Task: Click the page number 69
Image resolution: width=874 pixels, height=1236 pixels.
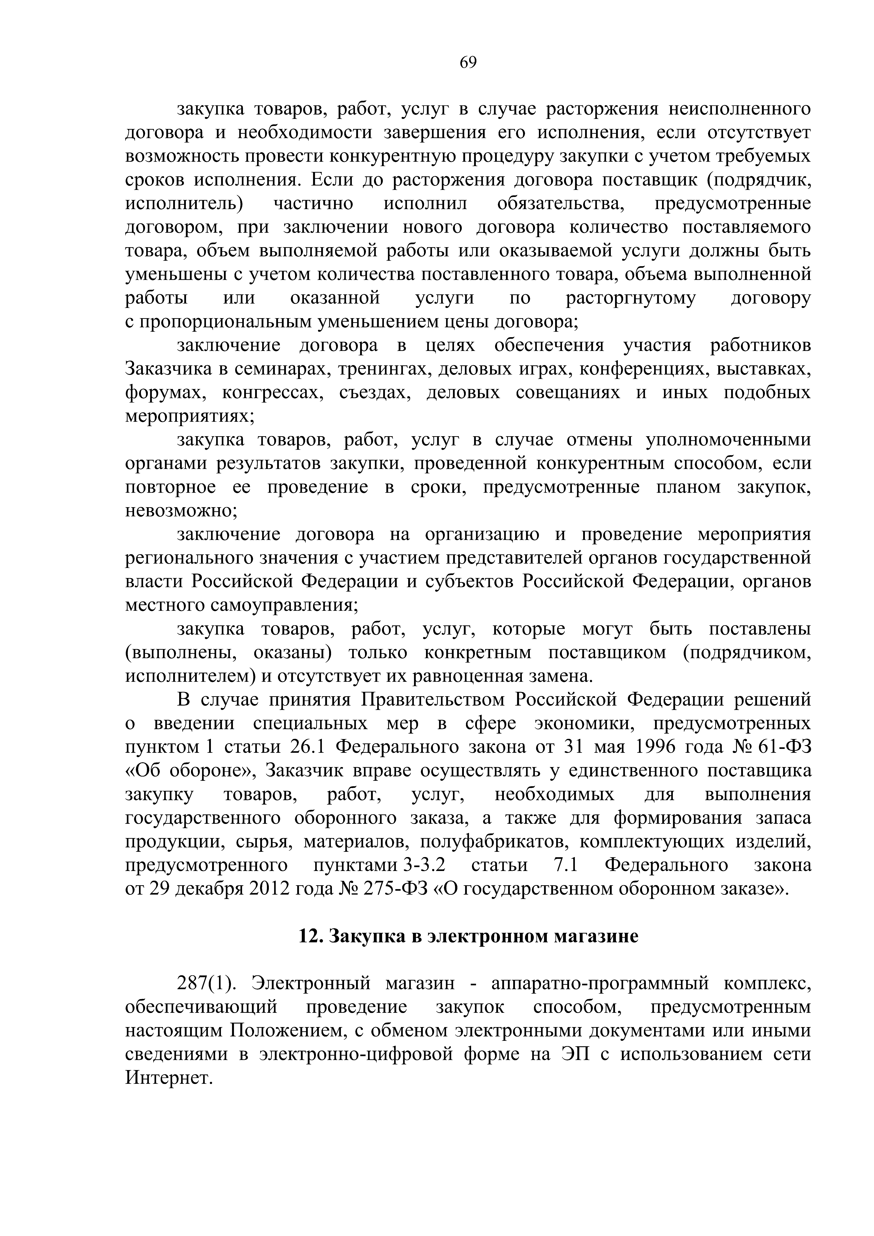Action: tap(468, 63)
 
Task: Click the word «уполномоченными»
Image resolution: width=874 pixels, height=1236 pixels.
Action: tap(728, 440)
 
